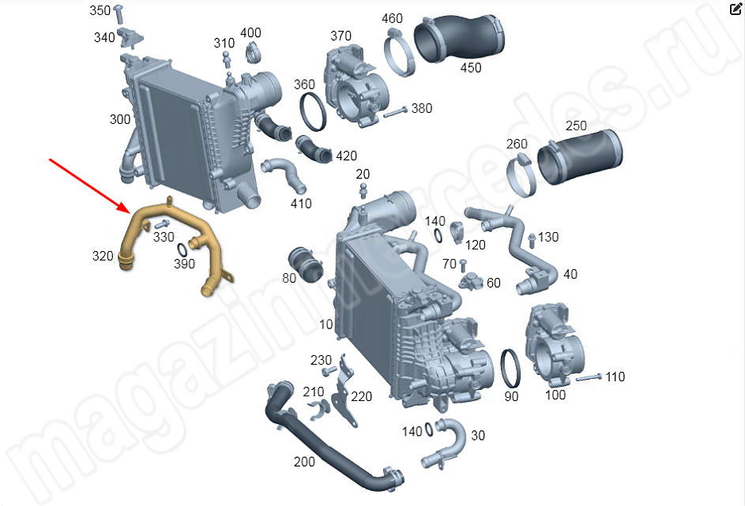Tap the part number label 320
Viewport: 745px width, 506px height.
coord(103,257)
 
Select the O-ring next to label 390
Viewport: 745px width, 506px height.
coord(182,249)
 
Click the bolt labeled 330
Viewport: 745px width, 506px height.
coord(162,223)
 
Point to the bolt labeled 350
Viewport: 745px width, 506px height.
coord(119,13)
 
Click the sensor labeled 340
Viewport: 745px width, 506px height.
coord(130,37)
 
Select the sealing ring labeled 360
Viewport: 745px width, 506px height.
coord(313,112)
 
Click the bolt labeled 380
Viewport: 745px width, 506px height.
coord(395,113)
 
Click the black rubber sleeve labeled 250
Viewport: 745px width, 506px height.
coord(580,156)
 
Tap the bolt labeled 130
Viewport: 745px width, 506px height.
coord(532,240)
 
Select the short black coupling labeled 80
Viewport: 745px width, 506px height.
coord(306,264)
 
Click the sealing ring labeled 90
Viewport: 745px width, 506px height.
coord(511,369)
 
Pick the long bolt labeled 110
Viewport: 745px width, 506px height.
coord(590,378)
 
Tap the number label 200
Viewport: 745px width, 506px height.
coord(304,461)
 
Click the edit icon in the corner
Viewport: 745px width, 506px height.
coord(736,9)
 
